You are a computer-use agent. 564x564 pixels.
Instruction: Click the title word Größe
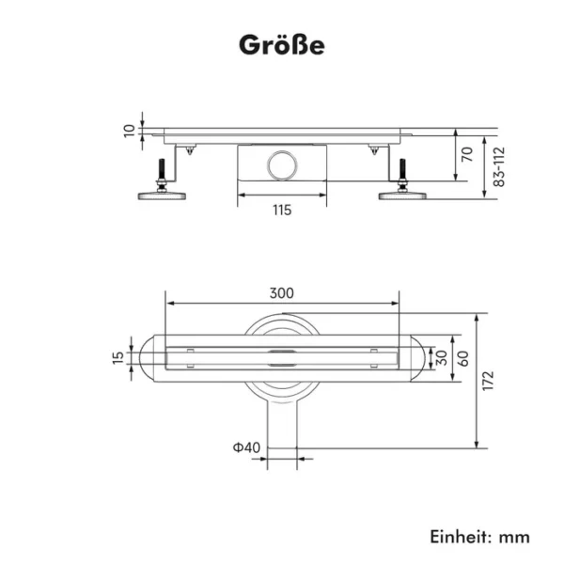tap(282, 45)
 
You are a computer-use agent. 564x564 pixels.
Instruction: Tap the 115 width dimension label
tap(282, 210)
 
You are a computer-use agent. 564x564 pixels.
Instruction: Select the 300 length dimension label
tap(282, 293)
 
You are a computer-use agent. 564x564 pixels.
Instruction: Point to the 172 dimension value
tap(488, 381)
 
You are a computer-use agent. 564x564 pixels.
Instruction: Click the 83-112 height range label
tap(499, 166)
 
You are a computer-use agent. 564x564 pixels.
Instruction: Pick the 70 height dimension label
tap(467, 154)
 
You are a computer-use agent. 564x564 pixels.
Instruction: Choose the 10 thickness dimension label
tap(129, 131)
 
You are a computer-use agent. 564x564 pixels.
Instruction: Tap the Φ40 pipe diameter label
tap(246, 447)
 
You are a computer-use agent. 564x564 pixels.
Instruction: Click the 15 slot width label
tap(118, 357)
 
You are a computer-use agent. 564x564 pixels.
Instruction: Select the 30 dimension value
tap(442, 358)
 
